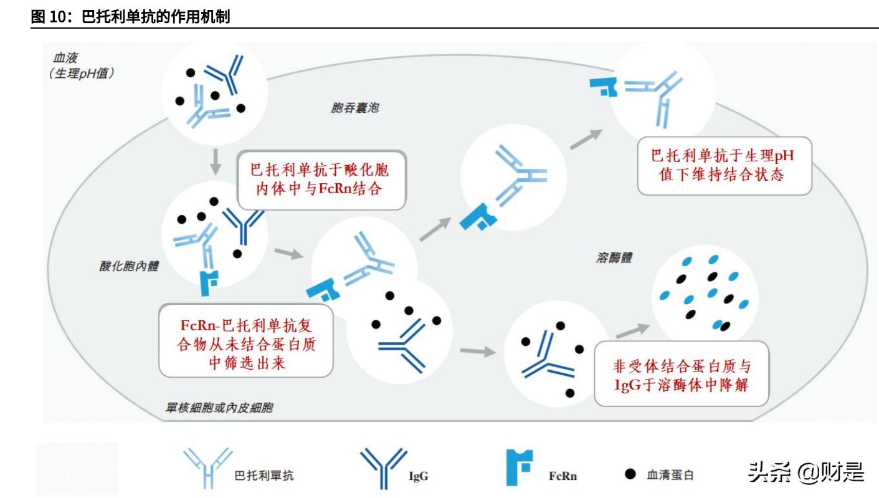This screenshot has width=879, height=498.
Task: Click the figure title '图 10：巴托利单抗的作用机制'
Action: (131, 17)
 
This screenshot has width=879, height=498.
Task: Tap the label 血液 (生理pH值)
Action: (81, 65)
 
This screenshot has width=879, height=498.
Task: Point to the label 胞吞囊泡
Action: (354, 108)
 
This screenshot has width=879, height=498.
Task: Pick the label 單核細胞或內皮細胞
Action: (219, 409)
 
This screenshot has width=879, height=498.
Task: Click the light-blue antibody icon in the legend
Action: (207, 468)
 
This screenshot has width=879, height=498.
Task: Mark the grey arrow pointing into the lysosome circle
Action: (634, 330)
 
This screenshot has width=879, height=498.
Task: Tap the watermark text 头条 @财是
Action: (806, 472)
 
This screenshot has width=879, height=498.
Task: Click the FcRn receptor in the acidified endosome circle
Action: (209, 282)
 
